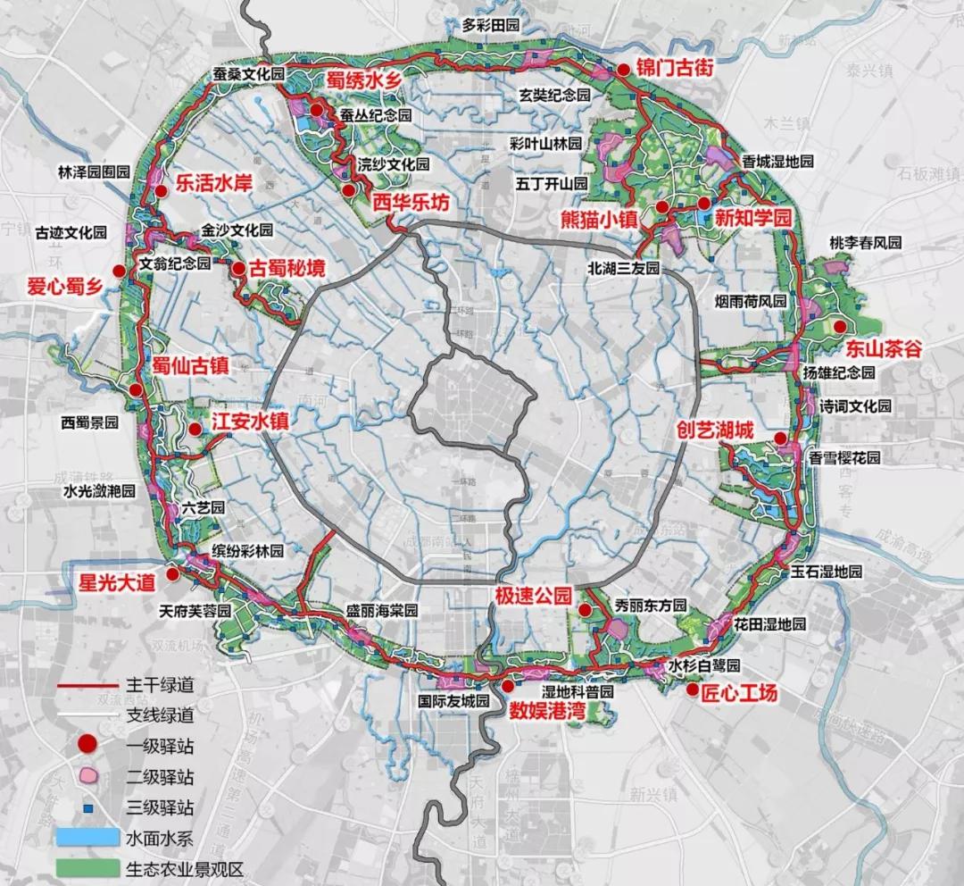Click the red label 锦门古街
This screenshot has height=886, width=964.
[675, 68]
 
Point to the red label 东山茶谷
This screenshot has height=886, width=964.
[884, 348]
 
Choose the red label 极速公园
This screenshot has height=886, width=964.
[533, 597]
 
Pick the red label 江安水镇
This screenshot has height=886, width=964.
[250, 422]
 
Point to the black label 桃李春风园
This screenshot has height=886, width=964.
[866, 243]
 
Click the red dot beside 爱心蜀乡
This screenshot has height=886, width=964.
[118, 271]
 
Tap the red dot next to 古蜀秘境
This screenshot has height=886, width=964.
[238, 268]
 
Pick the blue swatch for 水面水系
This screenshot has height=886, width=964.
[87, 838]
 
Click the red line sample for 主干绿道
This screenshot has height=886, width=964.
[87, 687]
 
